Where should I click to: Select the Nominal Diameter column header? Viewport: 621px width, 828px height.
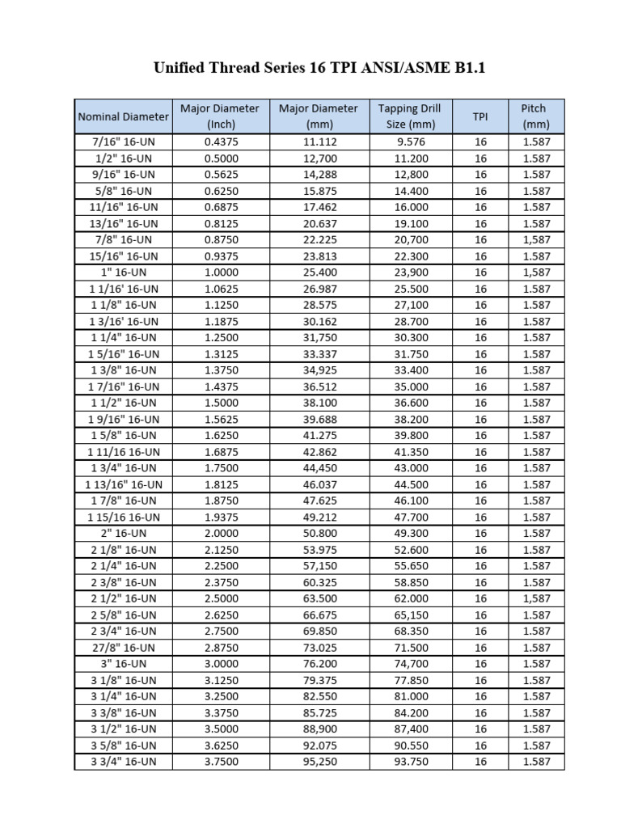pyautogui.click(x=123, y=116)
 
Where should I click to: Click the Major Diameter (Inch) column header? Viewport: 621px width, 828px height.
pyautogui.click(x=219, y=116)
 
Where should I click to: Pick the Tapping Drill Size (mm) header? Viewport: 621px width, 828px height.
pyautogui.click(x=409, y=116)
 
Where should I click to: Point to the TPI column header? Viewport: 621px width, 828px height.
pyautogui.click(x=480, y=116)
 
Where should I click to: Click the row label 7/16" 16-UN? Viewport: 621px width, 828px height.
pyautogui.click(x=123, y=142)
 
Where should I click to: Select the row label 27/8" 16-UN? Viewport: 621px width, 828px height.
pyautogui.click(x=123, y=648)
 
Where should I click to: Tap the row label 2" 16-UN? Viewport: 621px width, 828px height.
pyautogui.click(x=123, y=534)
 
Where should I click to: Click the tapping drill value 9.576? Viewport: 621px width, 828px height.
pyautogui.click(x=409, y=142)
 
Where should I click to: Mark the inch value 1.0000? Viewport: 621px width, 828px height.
pyautogui.click(x=219, y=272)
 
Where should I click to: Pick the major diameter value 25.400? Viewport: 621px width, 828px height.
pyautogui.click(x=318, y=272)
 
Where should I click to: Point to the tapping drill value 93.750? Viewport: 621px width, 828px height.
pyautogui.click(x=409, y=762)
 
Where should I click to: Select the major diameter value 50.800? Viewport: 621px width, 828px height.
pyautogui.click(x=318, y=534)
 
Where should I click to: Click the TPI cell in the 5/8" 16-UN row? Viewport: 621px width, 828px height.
pyautogui.click(x=480, y=191)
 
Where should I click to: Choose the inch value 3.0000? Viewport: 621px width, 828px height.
pyautogui.click(x=219, y=664)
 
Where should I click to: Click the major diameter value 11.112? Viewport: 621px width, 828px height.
pyautogui.click(x=318, y=142)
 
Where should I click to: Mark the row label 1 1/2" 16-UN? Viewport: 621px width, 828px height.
pyautogui.click(x=123, y=403)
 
